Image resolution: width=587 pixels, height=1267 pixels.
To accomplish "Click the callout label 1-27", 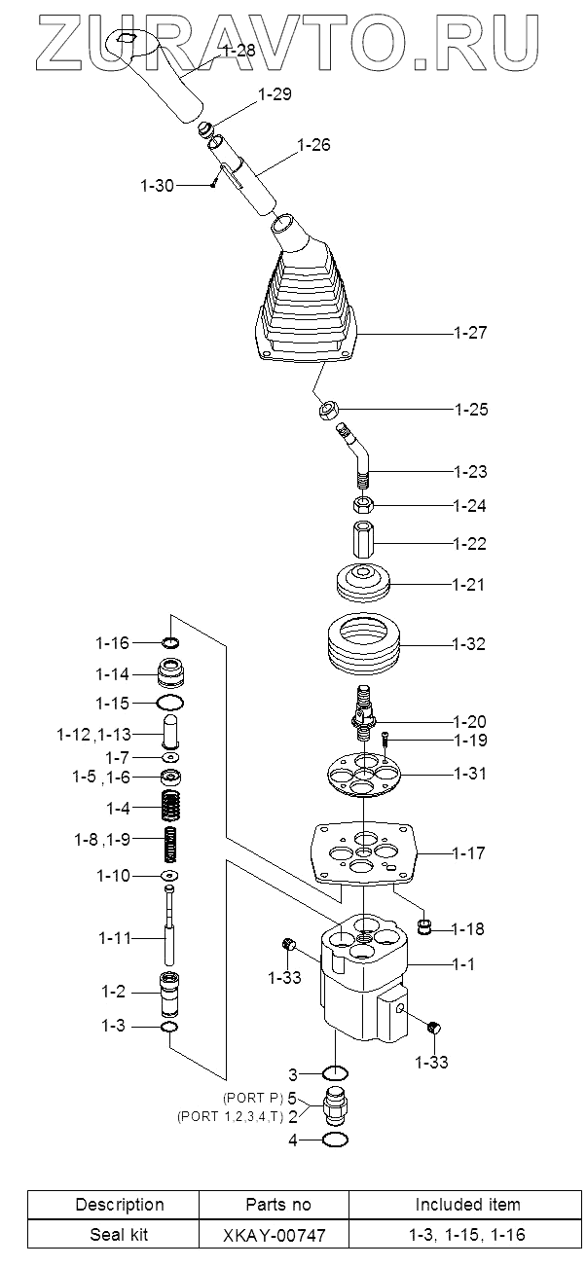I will [x=470, y=333].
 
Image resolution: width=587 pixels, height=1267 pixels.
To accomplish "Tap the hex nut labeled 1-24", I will [x=363, y=505].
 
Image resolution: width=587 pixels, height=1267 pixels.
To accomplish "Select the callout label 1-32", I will [x=470, y=644].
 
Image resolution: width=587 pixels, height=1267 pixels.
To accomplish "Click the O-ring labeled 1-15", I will [x=170, y=702].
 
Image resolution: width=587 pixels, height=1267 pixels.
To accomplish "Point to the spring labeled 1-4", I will [x=171, y=807].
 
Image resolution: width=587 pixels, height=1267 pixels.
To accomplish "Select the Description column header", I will [x=120, y=1205].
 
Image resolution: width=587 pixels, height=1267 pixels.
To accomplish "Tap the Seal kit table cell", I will [x=120, y=1235].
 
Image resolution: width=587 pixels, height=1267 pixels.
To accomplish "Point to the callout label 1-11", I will [x=115, y=938].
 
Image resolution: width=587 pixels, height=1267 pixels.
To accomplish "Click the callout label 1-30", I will [x=158, y=185].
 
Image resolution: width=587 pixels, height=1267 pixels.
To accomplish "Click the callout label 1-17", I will [x=470, y=853].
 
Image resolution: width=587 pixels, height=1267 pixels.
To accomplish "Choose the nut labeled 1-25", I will [x=327, y=410].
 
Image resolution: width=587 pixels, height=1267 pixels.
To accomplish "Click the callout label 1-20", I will [x=470, y=721].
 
